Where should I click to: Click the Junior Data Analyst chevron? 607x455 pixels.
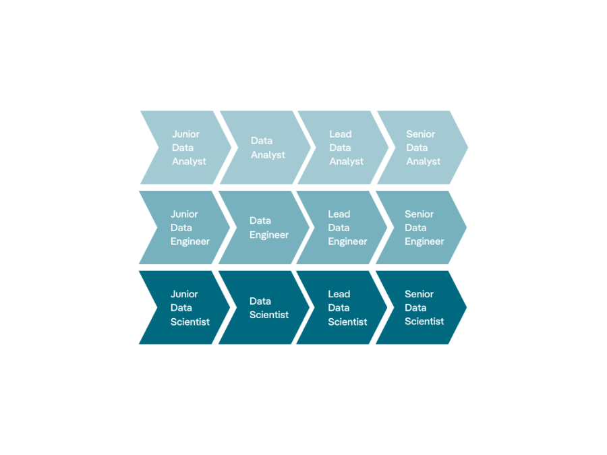(186, 148)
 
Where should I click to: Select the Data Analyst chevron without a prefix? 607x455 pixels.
(265, 148)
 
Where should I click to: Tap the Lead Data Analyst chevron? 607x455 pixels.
(343, 148)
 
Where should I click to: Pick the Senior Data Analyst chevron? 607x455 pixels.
(422, 148)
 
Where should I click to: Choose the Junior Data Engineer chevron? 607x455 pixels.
(184, 228)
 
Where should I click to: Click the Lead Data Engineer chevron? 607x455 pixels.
(341, 228)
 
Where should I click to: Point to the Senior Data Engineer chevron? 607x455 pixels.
(421, 228)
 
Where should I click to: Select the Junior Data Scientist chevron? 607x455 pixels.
(184, 307)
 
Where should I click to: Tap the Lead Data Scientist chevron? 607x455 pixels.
(341, 307)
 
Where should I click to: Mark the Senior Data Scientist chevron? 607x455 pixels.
(421, 307)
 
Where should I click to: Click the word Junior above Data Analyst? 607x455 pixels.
(186, 134)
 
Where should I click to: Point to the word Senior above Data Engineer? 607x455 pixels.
(420, 214)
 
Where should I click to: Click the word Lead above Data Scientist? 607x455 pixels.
(339, 294)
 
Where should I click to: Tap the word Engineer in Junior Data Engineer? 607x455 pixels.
(190, 242)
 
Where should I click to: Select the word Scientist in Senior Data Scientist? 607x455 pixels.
(424, 321)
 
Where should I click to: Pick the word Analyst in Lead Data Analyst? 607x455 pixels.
(347, 162)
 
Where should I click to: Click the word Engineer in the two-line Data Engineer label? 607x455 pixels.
(269, 235)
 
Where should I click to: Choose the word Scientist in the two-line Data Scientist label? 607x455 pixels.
(269, 315)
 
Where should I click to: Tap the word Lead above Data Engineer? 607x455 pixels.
(339, 214)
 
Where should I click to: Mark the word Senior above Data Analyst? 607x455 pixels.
(421, 134)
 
